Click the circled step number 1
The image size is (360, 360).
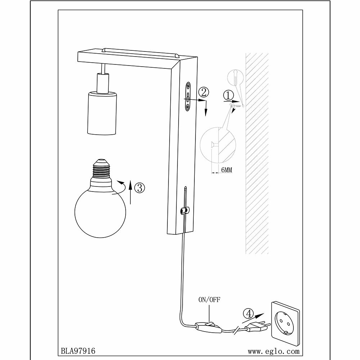point(228,96)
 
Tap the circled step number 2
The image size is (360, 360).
point(203,92)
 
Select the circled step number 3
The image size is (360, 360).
point(139,187)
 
